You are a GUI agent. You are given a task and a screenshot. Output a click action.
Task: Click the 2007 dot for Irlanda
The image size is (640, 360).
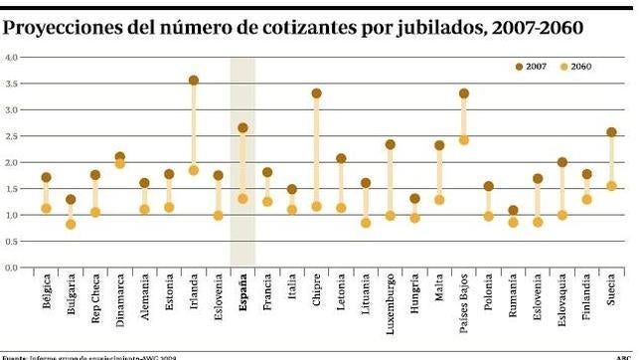(194, 81)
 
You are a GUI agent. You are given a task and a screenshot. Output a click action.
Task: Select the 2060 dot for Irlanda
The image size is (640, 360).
(194, 170)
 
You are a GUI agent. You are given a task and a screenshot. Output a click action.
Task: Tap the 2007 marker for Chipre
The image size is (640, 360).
(316, 93)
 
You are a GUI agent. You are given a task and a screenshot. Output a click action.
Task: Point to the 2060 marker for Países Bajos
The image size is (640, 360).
(463, 140)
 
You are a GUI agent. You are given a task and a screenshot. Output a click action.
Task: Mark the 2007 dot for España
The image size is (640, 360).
(242, 128)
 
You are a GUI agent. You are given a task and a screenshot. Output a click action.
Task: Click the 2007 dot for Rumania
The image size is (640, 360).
(513, 211)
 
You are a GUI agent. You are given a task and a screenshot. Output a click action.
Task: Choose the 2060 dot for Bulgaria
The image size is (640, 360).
(71, 224)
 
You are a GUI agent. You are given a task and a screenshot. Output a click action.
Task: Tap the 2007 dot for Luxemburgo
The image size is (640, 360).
(390, 144)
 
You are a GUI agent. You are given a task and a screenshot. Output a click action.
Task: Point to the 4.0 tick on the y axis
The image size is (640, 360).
(12, 57)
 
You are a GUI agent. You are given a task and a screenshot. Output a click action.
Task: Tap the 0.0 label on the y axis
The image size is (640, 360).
(12, 268)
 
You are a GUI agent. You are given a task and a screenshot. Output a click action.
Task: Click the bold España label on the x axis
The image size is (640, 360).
(243, 295)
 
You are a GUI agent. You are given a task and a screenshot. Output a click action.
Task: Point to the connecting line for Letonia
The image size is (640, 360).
(341, 183)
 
